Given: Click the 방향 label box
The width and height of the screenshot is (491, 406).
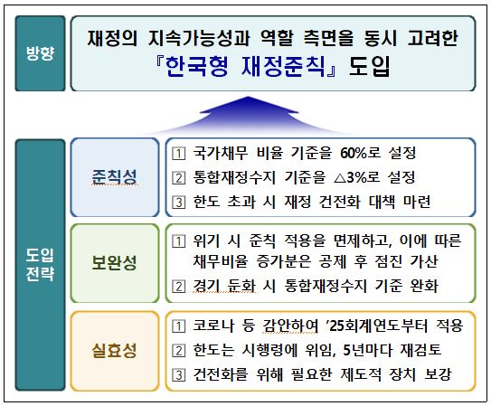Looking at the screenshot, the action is pyautogui.click(x=40, y=53).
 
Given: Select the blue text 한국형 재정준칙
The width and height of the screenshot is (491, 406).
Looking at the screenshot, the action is pyautogui.click(x=245, y=67).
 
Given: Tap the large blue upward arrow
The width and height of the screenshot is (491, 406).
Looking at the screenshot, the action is pyautogui.click(x=249, y=115).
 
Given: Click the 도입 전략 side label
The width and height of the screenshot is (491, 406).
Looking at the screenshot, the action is pyautogui.click(x=40, y=265).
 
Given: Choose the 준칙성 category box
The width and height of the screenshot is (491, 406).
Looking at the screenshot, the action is pyautogui.click(x=115, y=177).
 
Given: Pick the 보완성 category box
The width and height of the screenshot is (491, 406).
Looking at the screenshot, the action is pyautogui.click(x=115, y=263).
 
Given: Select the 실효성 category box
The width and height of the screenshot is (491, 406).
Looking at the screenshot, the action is pyautogui.click(x=115, y=351).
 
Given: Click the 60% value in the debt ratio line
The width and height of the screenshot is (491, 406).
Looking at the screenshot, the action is pyautogui.click(x=354, y=153).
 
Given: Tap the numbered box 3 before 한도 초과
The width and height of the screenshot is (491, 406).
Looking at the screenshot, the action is pyautogui.click(x=178, y=203).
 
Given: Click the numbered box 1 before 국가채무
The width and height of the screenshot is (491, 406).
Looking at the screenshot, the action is pyautogui.click(x=178, y=154).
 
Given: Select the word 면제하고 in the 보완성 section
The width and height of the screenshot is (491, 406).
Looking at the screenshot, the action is pyautogui.click(x=360, y=241).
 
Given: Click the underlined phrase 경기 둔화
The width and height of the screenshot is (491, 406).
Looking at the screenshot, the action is pyautogui.click(x=224, y=286).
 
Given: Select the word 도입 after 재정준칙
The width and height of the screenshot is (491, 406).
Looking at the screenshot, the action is pyautogui.click(x=369, y=67).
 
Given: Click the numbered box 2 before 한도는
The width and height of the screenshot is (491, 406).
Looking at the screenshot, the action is pyautogui.click(x=178, y=350).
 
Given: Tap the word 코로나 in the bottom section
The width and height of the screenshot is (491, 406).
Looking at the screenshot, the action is pyautogui.click(x=213, y=326).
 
